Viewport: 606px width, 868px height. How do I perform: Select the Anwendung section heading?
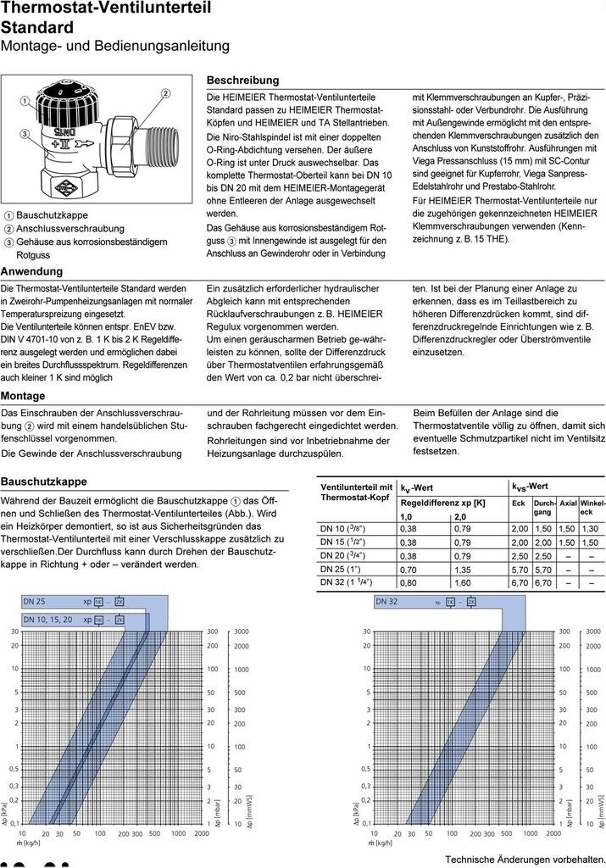pos(31,271)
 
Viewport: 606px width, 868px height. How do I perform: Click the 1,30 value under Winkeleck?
pos(590,528)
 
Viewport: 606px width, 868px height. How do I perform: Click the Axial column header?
pos(568,503)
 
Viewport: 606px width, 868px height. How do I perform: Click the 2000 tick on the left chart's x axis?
pos(202,833)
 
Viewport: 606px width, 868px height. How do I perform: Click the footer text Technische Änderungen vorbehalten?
pos(525,860)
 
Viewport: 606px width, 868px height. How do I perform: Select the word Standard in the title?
pos(37,27)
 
